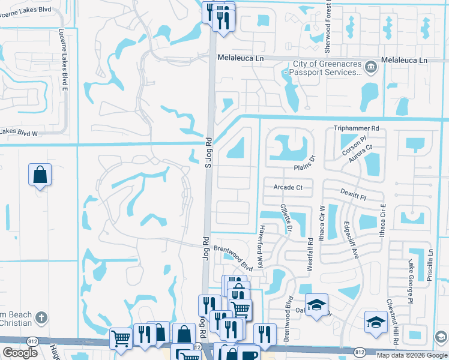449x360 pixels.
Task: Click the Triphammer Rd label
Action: (x=357, y=128)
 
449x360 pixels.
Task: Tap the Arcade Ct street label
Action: (x=288, y=187)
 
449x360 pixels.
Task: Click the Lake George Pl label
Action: (x=411, y=281)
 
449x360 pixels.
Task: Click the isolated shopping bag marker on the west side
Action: (x=40, y=175)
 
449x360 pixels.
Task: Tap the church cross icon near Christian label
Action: (x=41, y=317)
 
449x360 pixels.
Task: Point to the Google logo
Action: (x=20, y=353)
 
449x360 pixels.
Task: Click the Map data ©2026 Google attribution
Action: (x=411, y=355)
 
